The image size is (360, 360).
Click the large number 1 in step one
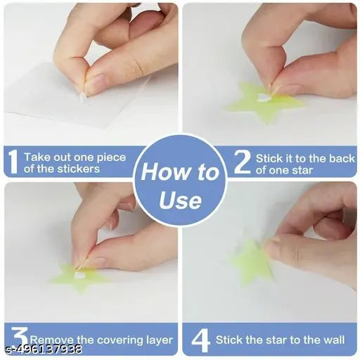pyautogui.click(x=13, y=162)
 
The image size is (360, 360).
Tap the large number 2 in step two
pyautogui.click(x=241, y=162)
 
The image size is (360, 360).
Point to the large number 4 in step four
pyautogui.click(x=200, y=340)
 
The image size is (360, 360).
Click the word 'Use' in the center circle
pyautogui.click(x=180, y=202)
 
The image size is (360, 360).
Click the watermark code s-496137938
pyautogui.click(x=42, y=349)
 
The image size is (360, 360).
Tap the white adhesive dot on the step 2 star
pyautogui.click(x=264, y=98)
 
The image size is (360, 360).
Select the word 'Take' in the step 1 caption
pyautogui.click(x=37, y=158)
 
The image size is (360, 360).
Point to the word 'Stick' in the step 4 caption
pyautogui.click(x=229, y=340)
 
